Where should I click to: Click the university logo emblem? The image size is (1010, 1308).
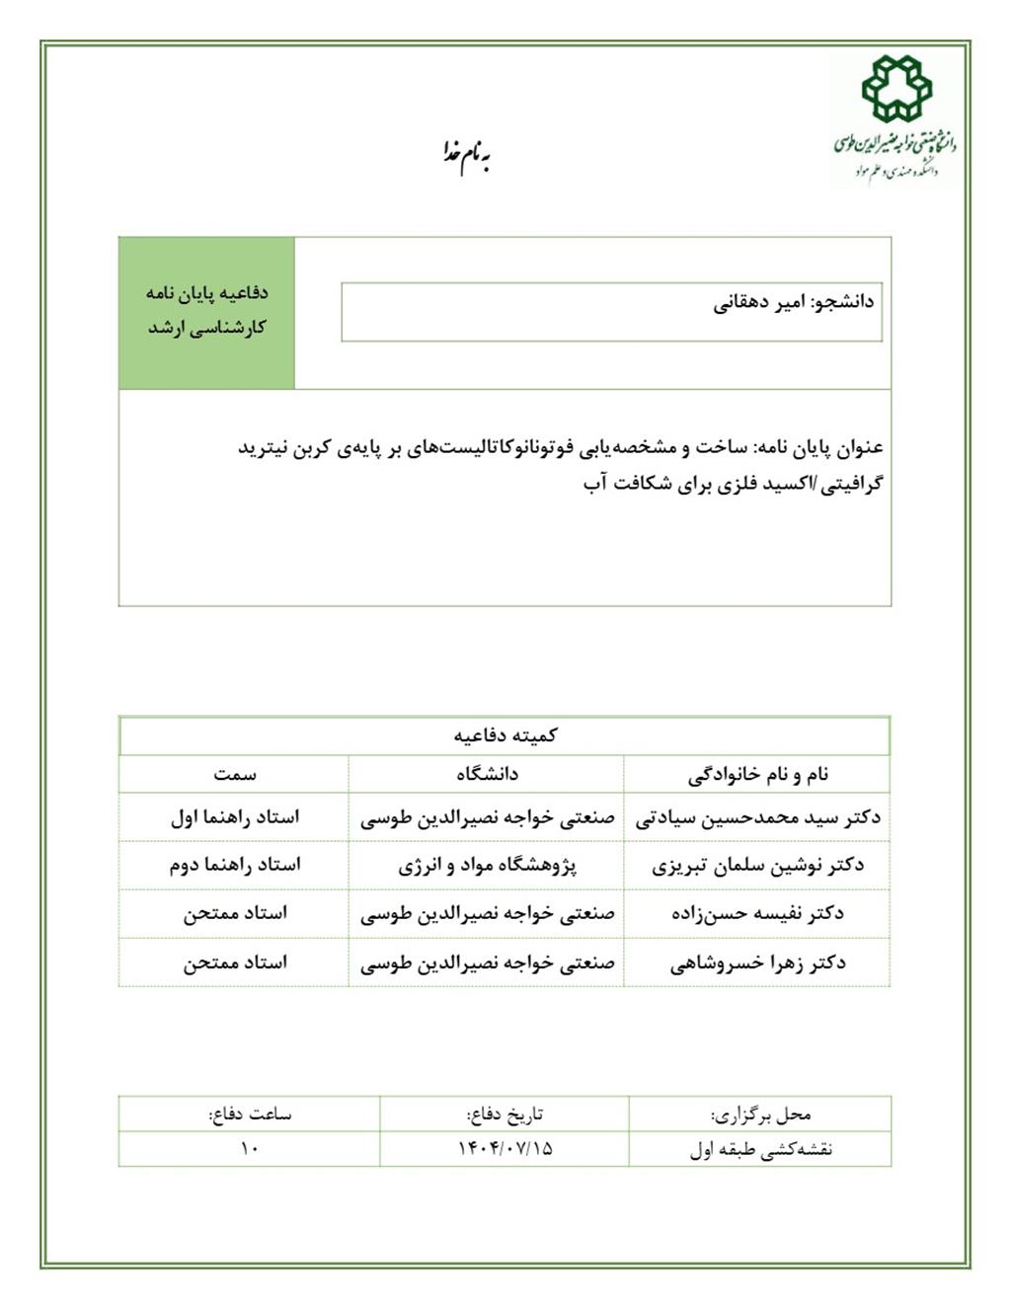[895, 89]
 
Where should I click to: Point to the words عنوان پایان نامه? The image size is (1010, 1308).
[819, 448]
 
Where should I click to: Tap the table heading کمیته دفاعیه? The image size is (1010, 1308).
[505, 735]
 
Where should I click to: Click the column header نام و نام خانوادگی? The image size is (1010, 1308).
[757, 774]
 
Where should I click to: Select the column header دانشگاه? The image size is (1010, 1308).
[487, 774]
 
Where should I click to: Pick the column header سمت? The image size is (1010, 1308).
[234, 774]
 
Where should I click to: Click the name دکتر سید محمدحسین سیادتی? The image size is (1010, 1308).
[757, 817]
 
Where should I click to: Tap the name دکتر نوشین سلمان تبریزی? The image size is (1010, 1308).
[757, 866]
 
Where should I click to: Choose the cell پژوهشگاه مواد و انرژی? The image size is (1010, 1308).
[487, 866]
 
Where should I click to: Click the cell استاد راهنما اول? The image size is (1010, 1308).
[234, 817]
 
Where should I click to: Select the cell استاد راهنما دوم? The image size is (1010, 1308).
[234, 865]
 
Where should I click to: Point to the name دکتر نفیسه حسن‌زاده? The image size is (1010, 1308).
[757, 914]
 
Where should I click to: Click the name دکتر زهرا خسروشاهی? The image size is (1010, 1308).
[757, 962]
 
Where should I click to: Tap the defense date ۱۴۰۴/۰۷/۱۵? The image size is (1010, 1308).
[505, 1148]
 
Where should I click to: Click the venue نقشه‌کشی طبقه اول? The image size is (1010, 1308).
[760, 1149]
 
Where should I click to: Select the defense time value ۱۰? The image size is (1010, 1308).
[249, 1148]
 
